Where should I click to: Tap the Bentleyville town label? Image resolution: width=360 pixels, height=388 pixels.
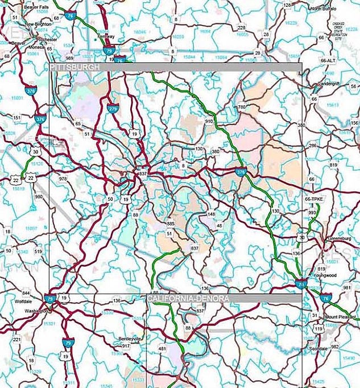click(x=129, y=339)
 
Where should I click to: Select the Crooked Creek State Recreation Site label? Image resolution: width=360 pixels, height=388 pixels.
click(x=339, y=31)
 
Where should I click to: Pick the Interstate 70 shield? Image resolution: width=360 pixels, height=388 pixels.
click(x=300, y=283)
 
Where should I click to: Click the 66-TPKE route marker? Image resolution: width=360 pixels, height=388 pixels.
click(x=311, y=200)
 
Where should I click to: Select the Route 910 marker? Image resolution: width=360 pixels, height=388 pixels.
click(x=209, y=121)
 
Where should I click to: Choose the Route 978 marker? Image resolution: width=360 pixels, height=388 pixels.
click(x=63, y=179)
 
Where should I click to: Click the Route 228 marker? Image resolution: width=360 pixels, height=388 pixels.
click(x=241, y=27)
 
